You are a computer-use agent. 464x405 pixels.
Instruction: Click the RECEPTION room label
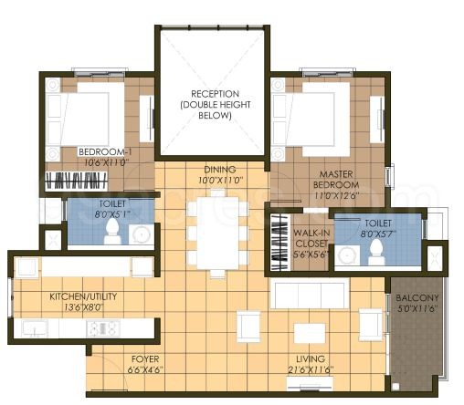tap(215, 94)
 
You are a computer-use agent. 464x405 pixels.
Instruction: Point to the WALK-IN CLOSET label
tap(311, 239)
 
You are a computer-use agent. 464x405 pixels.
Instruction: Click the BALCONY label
tap(417, 299)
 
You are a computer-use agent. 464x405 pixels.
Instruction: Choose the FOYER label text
tap(146, 359)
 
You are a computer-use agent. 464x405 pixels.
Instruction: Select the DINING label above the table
tap(219, 170)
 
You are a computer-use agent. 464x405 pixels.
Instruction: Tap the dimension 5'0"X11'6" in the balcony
tap(417, 310)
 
